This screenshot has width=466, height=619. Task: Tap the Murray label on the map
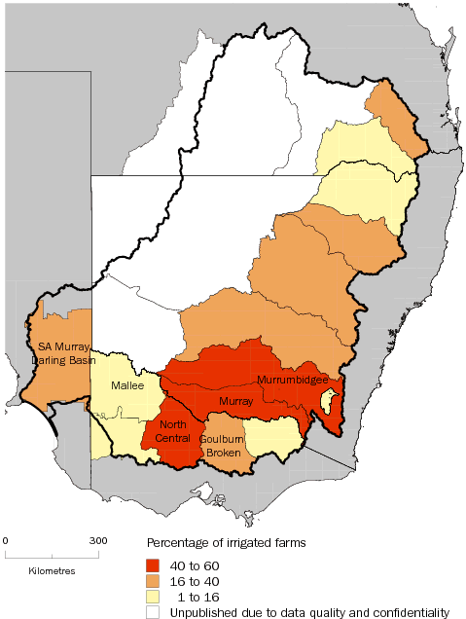click(x=234, y=399)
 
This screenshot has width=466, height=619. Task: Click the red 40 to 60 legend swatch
click(x=153, y=564)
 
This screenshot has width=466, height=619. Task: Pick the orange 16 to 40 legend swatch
click(x=153, y=580)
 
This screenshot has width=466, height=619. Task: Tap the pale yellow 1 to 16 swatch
click(x=153, y=596)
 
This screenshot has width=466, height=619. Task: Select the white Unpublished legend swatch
click(x=153, y=612)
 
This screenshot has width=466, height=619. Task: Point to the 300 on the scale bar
click(x=98, y=540)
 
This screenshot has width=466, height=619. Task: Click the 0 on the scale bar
click(x=5, y=540)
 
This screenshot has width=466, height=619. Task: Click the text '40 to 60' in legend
click(x=190, y=564)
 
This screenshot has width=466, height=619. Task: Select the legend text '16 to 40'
click(x=190, y=580)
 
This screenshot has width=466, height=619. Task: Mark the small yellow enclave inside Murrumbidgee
click(x=329, y=398)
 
